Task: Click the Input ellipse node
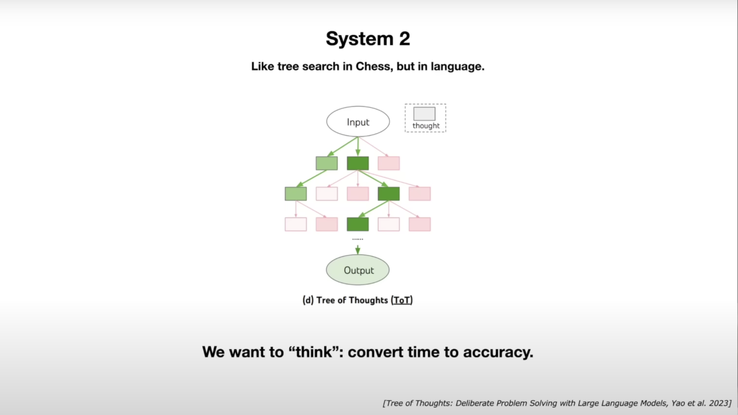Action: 358,122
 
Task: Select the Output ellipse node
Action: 358,270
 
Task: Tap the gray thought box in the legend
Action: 424,114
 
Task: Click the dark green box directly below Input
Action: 358,163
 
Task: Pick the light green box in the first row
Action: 327,163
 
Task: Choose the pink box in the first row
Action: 389,163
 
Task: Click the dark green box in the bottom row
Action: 358,224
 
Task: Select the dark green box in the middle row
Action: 389,194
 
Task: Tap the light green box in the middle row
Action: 296,194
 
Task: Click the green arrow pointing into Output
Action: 358,249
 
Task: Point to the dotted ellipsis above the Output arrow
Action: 358,239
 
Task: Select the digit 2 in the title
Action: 404,39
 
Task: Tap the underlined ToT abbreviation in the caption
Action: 402,300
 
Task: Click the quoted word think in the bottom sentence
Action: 314,352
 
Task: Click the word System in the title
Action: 359,39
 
